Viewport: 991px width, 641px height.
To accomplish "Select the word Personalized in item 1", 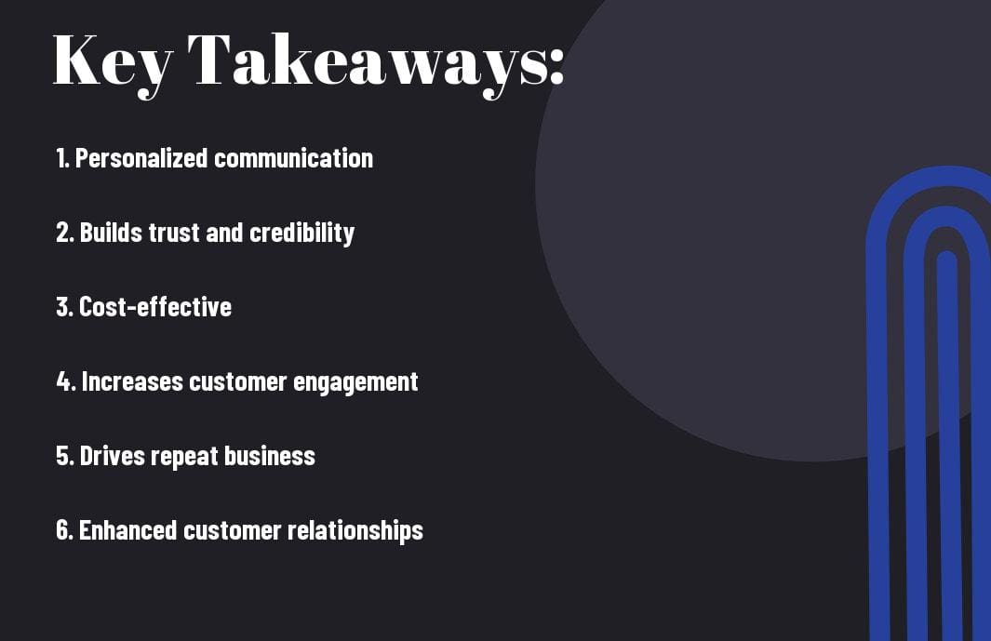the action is (141, 158).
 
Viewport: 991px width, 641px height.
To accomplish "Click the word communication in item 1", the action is (294, 158).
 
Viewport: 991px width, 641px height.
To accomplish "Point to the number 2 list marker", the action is (65, 233).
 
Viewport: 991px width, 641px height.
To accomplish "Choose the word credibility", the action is (302, 234).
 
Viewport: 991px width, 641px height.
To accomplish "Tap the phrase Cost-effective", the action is (155, 307).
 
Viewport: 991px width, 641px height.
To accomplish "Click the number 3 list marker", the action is (64, 307).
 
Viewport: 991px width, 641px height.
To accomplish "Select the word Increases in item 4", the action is (132, 381).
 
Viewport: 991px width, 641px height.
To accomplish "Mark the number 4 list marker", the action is (66, 381).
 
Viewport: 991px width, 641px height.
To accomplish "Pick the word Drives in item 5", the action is (113, 456).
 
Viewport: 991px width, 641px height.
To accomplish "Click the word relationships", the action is (355, 530).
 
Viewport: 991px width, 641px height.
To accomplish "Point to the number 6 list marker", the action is (65, 530).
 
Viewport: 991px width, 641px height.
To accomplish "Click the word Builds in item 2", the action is (112, 233).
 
